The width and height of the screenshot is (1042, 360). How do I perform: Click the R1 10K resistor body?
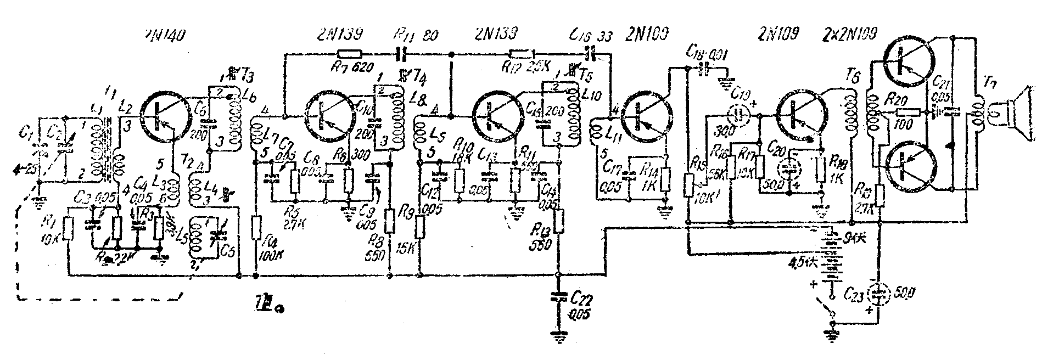click(68, 228)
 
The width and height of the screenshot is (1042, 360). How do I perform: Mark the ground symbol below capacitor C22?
click(559, 337)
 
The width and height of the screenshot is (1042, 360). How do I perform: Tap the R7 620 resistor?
click(349, 54)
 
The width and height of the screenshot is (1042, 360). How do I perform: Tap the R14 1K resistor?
click(666, 178)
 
